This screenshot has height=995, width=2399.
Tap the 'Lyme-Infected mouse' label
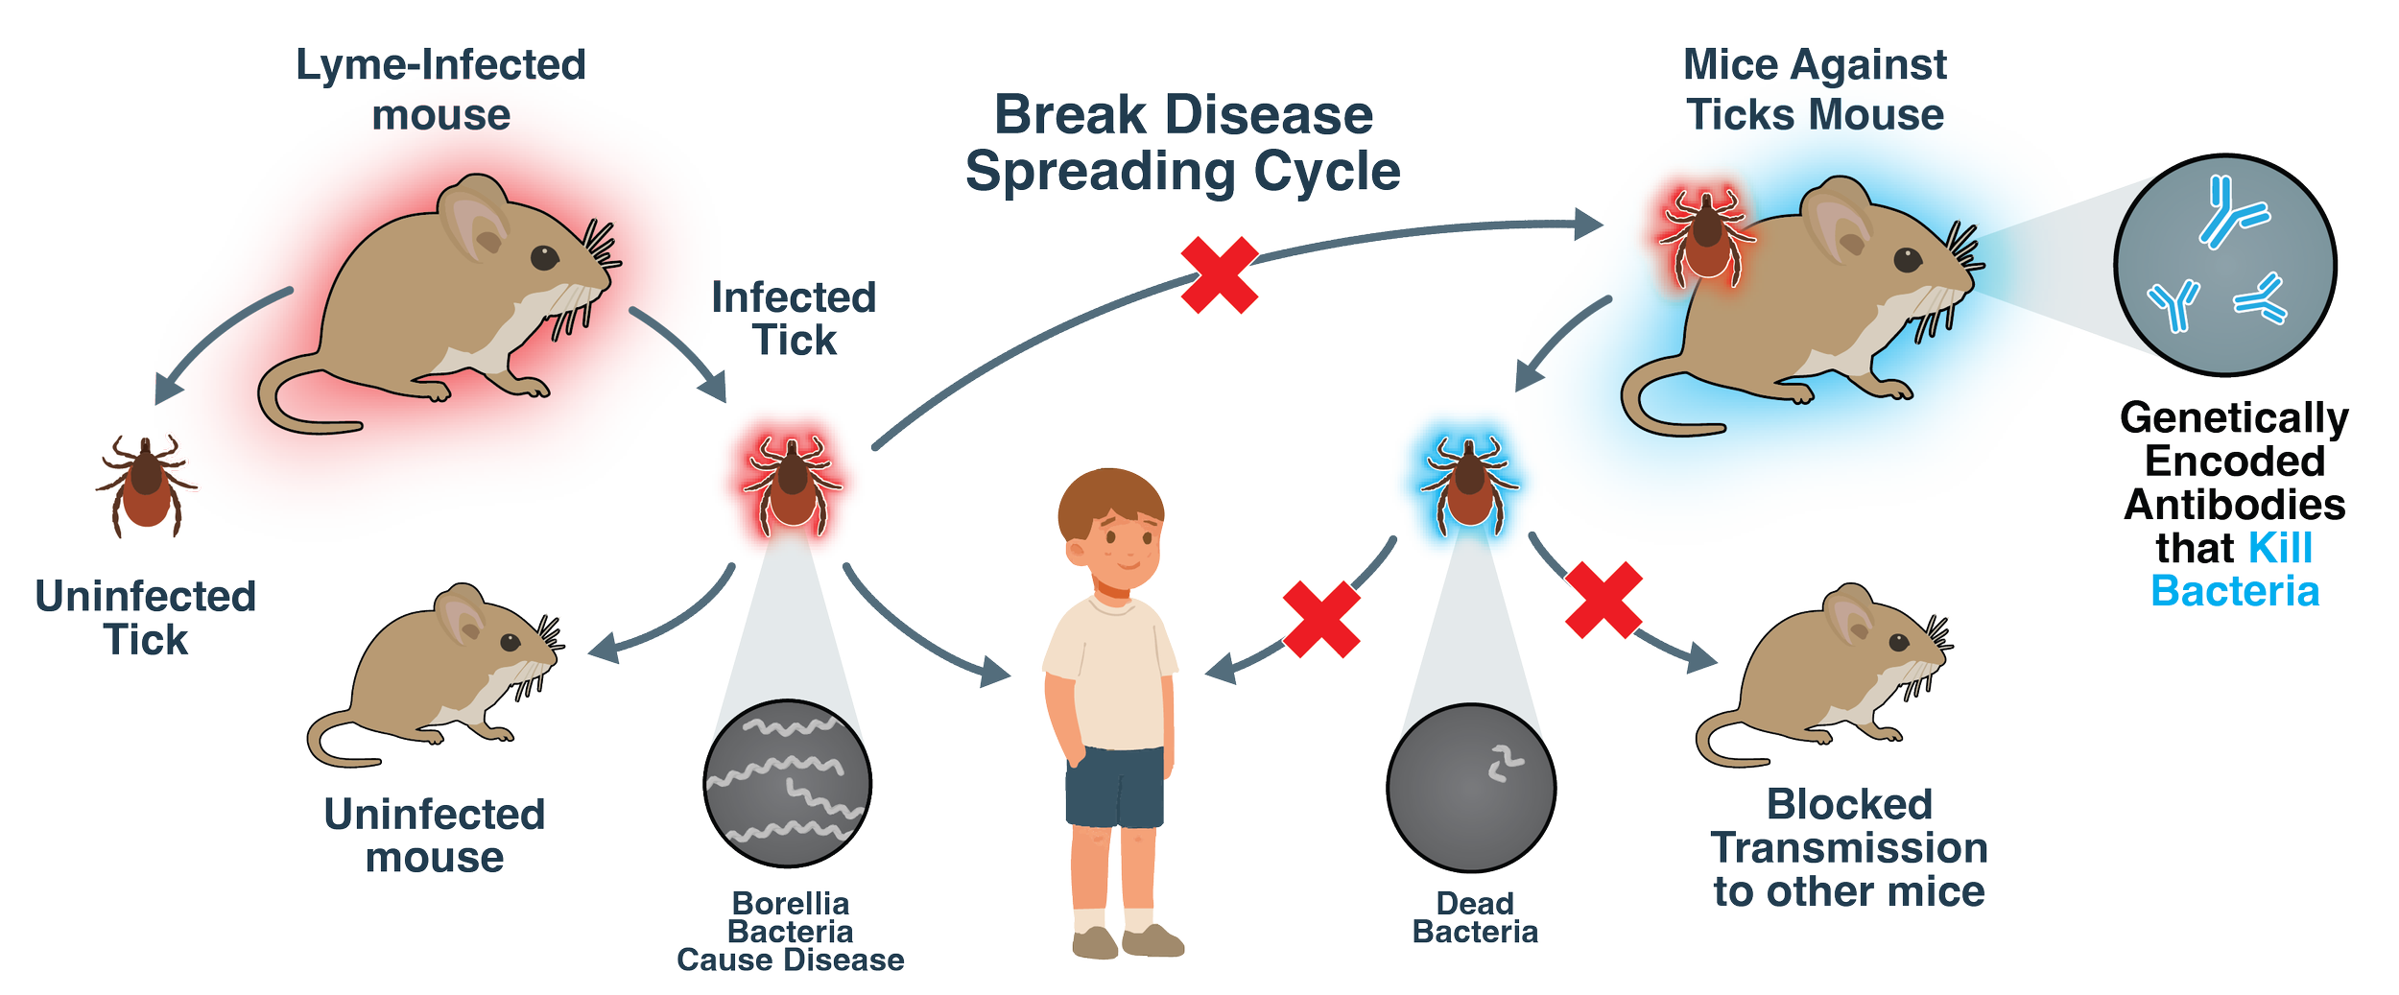click(440, 90)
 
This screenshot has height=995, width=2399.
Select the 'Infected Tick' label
click(795, 319)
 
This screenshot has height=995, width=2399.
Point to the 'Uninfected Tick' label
click(146, 618)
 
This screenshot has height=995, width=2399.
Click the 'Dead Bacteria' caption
click(1475, 917)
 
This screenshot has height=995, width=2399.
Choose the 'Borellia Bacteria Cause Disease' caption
click(790, 932)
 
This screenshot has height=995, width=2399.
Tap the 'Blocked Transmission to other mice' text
click(1848, 848)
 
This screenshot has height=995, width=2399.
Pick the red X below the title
click(1219, 275)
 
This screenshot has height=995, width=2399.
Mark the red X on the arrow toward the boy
click(1321, 619)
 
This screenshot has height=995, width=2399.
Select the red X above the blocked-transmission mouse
click(1603, 600)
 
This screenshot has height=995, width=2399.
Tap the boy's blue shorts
click(1114, 787)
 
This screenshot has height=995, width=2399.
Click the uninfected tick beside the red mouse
click(145, 485)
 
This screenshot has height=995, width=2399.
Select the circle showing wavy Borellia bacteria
click(787, 783)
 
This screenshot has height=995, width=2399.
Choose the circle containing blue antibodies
click(2225, 264)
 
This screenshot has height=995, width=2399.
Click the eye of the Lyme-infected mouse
click(544, 257)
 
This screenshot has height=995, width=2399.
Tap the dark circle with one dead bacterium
click(1471, 787)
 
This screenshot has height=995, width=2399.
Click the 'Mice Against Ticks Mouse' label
click(1816, 90)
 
